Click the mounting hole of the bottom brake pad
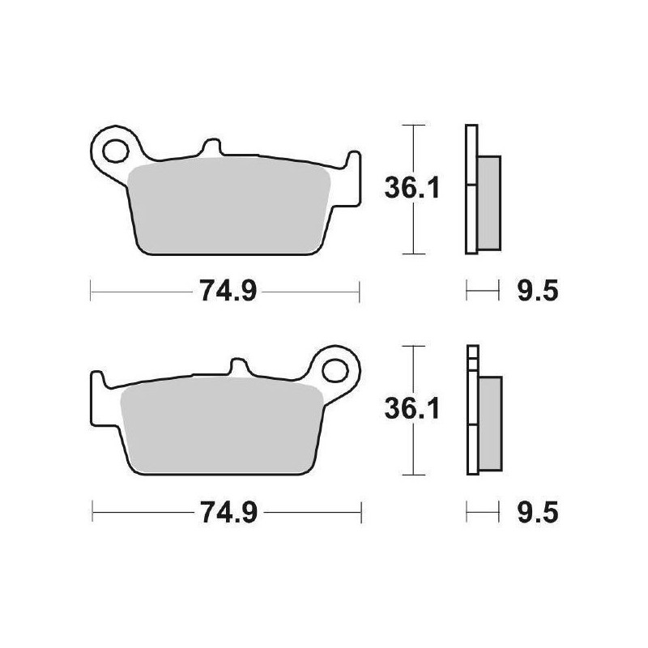pos(334,369)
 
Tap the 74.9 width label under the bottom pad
pos(224,512)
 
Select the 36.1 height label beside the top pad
pos(411,189)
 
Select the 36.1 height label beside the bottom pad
pos(411,410)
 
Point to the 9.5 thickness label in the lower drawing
pos(537,512)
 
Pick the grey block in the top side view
pos(489,202)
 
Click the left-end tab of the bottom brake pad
pos(96,387)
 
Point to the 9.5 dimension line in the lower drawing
pos(481,511)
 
